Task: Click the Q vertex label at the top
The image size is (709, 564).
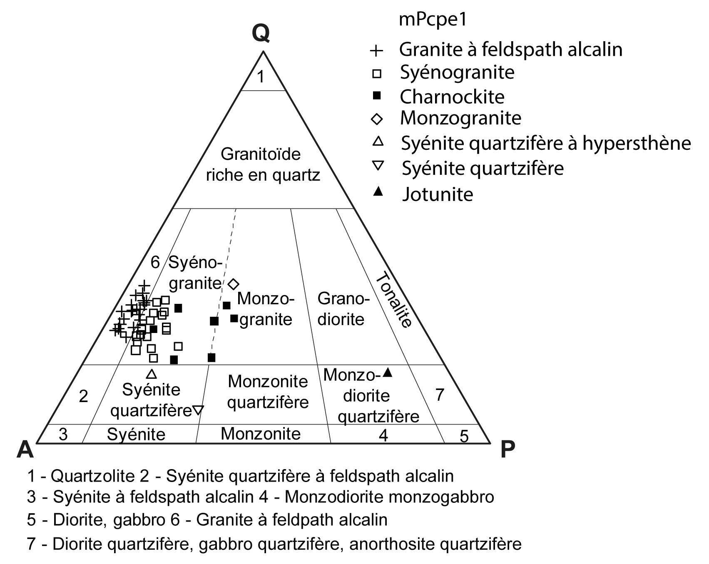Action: [x=261, y=34]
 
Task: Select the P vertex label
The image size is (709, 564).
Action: [x=507, y=449]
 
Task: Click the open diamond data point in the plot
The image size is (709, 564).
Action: [x=234, y=284]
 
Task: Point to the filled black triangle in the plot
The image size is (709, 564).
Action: [x=388, y=373]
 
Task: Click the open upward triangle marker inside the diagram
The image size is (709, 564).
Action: [x=152, y=374]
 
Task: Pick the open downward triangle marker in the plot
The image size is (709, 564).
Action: [x=198, y=410]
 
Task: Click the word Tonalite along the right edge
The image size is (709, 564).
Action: [x=393, y=300]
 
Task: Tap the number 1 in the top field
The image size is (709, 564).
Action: [x=261, y=77]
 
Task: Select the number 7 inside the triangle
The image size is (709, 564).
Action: [x=440, y=394]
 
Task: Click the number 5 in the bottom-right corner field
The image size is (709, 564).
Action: [x=464, y=436]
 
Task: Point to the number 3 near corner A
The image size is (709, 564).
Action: [x=63, y=434]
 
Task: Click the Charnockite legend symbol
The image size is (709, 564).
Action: [x=377, y=97]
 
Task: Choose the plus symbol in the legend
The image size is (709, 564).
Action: [x=376, y=50]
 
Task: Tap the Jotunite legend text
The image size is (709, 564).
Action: [x=438, y=194]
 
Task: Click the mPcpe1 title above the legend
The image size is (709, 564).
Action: [x=433, y=20]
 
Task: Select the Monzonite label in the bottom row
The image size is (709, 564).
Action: [x=261, y=434]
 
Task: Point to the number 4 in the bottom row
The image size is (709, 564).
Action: [x=383, y=435]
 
